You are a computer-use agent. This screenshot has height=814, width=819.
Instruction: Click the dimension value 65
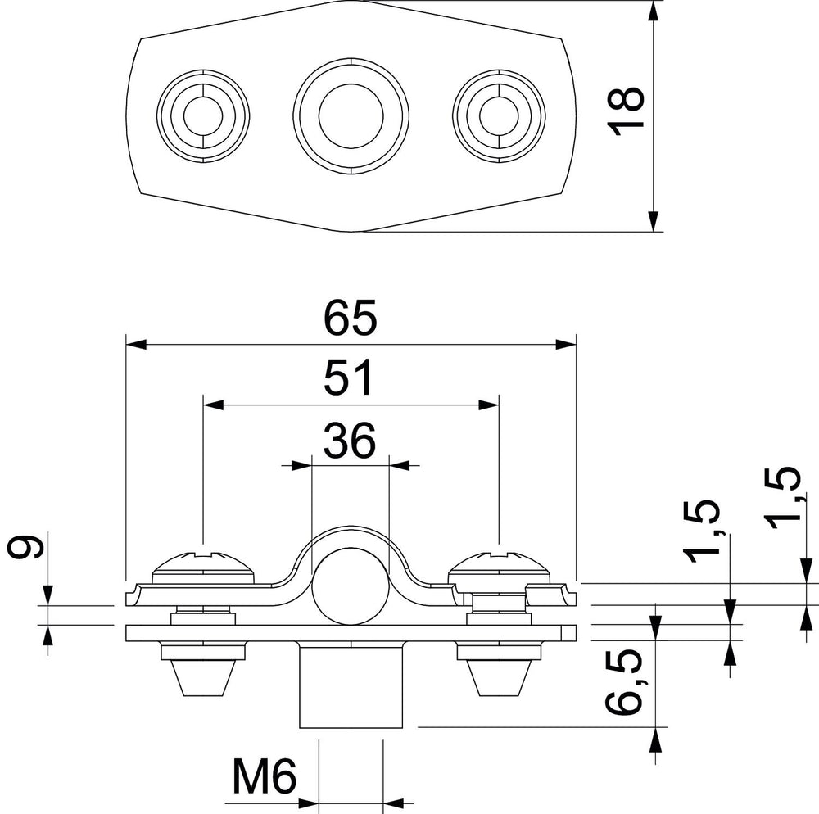(350, 318)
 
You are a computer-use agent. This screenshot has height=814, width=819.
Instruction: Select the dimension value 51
(349, 377)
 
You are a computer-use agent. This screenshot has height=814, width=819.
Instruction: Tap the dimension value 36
(350, 440)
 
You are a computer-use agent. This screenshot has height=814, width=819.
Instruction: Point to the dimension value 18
(627, 111)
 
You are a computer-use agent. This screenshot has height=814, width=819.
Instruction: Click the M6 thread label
(265, 776)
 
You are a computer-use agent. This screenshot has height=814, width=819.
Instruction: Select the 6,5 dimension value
(623, 681)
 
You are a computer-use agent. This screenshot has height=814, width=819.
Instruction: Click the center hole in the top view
(351, 116)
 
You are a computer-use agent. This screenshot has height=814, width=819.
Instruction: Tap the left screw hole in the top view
(203, 115)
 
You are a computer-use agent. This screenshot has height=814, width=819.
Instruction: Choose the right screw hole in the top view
(499, 115)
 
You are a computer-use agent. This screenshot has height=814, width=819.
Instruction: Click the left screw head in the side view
(203, 568)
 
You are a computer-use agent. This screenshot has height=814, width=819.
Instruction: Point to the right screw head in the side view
(500, 568)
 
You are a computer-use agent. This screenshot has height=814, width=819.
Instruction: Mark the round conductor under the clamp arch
(351, 586)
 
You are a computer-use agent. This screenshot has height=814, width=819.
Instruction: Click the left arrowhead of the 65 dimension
(136, 345)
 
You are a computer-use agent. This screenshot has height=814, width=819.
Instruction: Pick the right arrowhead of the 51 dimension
(489, 405)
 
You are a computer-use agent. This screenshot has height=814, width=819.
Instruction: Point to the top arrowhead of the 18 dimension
(654, 11)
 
